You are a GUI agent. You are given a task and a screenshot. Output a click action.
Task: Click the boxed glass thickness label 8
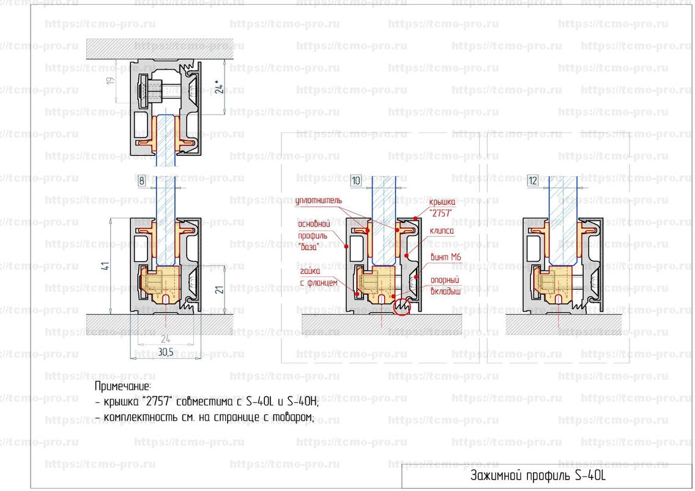pyautogui.click(x=142, y=181)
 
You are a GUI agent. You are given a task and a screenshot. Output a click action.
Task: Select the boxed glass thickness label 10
pyautogui.click(x=356, y=181)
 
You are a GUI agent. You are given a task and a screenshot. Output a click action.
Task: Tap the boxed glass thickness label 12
pyautogui.click(x=533, y=181)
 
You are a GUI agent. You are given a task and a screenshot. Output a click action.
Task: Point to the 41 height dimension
pyautogui.click(x=105, y=267)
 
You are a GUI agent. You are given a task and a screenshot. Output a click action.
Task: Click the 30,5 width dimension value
pyautogui.click(x=166, y=352)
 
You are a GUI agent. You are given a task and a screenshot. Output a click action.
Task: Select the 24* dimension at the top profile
pyautogui.click(x=220, y=87)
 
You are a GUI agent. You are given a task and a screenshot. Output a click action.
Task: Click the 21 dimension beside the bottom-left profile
pyautogui.click(x=220, y=290)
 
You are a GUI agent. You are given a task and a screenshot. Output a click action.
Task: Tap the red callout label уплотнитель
pyautogui.click(x=319, y=201)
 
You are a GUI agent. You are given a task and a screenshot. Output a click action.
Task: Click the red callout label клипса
pyautogui.click(x=442, y=231)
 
